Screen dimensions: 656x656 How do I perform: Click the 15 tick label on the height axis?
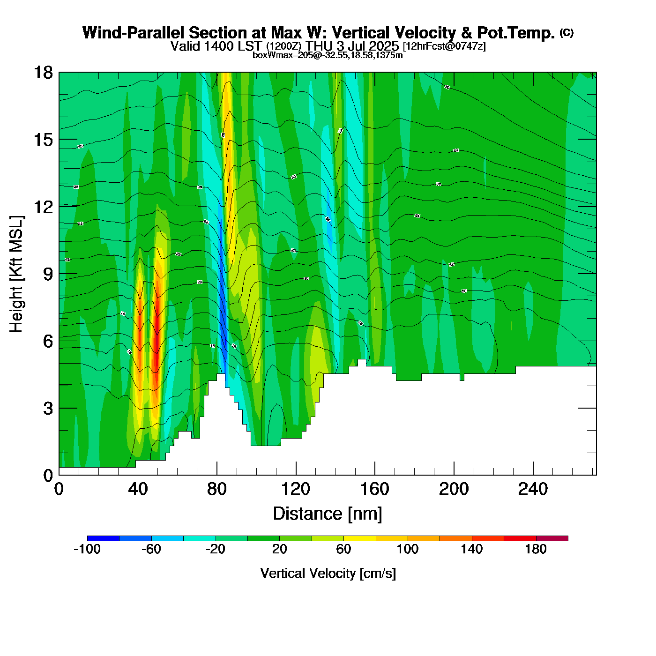coord(44,140)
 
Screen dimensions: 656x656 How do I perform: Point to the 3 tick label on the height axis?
coord(48,409)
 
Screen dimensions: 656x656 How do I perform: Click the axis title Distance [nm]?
coord(328,514)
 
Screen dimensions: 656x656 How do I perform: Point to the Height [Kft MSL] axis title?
coord(16,274)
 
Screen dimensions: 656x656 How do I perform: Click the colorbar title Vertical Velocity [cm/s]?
coord(328,574)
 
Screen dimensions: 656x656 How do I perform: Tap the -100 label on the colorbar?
coord(87,549)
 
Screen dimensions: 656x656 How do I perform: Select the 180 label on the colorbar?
coord(536,549)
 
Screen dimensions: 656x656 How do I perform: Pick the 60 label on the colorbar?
coord(343,549)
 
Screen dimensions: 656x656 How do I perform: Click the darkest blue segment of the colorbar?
coord(103,538)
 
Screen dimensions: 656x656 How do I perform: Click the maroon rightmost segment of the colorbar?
coord(552,538)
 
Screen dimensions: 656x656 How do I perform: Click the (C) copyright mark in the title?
coord(567,32)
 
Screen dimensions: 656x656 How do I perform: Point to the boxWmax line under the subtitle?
coord(328,55)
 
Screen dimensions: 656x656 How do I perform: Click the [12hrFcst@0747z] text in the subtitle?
coord(444,46)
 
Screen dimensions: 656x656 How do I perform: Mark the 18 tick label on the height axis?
coord(44,73)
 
